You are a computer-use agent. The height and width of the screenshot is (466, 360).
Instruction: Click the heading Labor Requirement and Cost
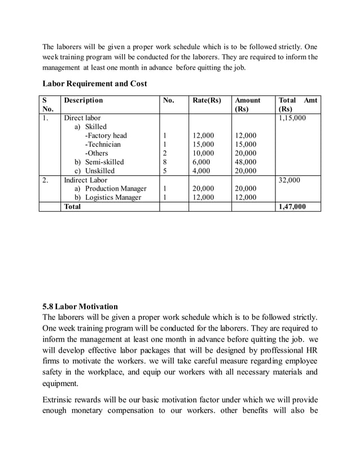pyautogui.click(x=95, y=83)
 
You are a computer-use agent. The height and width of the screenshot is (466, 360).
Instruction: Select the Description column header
pyautogui.click(x=84, y=100)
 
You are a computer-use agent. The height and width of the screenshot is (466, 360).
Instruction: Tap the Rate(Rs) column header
pyautogui.click(x=207, y=100)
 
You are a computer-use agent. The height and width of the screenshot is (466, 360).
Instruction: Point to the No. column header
pyautogui.click(x=168, y=100)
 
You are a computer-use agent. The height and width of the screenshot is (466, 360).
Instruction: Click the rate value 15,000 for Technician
pyautogui.click(x=203, y=144)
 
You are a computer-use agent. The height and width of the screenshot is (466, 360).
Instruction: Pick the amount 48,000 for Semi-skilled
pyautogui.click(x=245, y=162)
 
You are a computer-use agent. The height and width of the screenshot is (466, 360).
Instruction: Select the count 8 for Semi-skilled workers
pyautogui.click(x=165, y=162)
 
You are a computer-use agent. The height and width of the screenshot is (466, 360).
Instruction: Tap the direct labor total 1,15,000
pyautogui.click(x=292, y=118)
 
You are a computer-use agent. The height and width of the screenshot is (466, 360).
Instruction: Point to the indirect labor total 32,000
pyautogui.click(x=289, y=180)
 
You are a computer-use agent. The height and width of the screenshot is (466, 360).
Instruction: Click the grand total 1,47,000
pyautogui.click(x=292, y=206)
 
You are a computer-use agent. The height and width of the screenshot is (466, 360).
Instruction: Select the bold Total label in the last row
pyautogui.click(x=72, y=206)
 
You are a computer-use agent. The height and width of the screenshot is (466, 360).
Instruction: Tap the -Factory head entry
pyautogui.click(x=106, y=135)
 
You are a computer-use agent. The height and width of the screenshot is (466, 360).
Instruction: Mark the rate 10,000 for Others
pyautogui.click(x=203, y=153)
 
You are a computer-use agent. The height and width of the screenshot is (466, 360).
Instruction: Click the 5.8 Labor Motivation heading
pyautogui.click(x=80, y=307)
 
